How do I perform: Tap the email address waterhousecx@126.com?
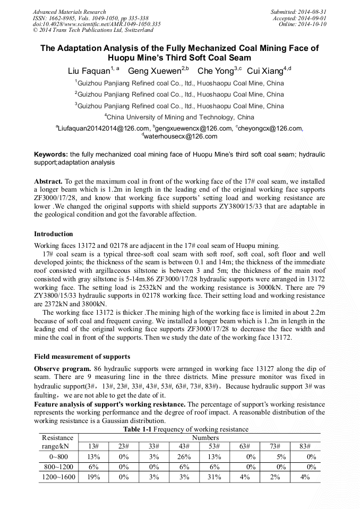pos(180,136)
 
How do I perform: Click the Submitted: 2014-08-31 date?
pos(299,12)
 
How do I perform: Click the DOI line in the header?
pos(97,24)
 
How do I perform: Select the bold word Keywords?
pos(51,154)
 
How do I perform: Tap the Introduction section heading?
pos(54,234)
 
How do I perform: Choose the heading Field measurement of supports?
pos(82,356)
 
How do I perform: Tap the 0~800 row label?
pos(58,456)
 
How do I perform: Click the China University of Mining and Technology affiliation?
pos(179,117)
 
